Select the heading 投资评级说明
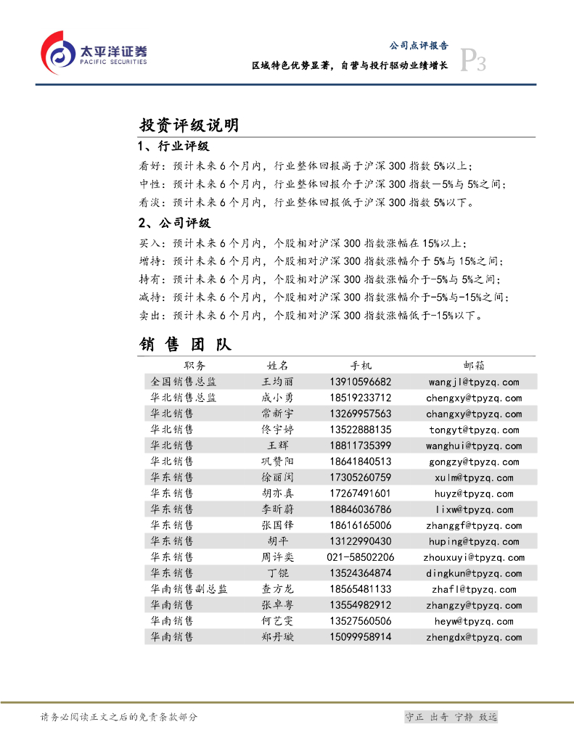pos(189,126)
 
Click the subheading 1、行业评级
pos(173,147)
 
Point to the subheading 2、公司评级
pos(173,223)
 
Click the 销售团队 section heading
pos(186,344)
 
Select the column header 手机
pos(361,366)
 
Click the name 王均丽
pos(278,382)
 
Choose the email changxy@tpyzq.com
pos(474,414)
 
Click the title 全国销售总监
pos(184,382)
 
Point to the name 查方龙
pos(278,589)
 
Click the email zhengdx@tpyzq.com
pos(474,637)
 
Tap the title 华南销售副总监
pos(189,589)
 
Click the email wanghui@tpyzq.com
pos(473,446)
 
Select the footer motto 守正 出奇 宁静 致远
pos(451,717)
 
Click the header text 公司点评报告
pos(419,45)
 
